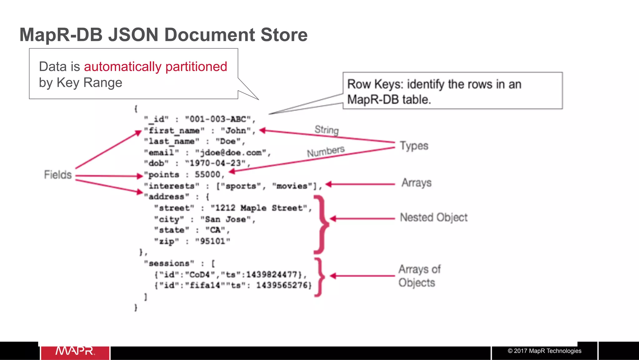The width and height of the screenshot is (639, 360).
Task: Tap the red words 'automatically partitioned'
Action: [x=155, y=67]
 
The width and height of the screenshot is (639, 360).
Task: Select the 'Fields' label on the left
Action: [x=58, y=175]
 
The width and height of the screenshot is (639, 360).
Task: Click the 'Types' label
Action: [x=414, y=146]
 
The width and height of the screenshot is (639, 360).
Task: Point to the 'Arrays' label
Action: [x=416, y=183]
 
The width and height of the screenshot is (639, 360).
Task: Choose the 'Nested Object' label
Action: [x=434, y=217]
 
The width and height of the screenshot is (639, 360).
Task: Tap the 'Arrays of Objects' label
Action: [x=419, y=276]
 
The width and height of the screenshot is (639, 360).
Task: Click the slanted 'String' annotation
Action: [x=326, y=130]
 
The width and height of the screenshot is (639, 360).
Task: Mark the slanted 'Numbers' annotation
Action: [x=326, y=151]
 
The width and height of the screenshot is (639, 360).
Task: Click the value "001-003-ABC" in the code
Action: [x=218, y=119]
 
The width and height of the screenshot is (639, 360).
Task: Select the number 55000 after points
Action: [x=207, y=174]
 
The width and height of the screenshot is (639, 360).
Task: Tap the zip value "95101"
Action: [x=212, y=241]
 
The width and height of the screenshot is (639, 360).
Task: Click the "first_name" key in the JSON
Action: [x=174, y=131]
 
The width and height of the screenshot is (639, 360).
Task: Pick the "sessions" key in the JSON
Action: [x=169, y=263]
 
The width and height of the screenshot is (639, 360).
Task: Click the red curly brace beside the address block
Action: [x=321, y=224]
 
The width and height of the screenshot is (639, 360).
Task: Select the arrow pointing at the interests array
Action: [x=360, y=184]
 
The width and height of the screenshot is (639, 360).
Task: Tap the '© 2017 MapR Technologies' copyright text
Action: [x=544, y=351]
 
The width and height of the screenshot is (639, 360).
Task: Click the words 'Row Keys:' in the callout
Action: [x=375, y=84]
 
